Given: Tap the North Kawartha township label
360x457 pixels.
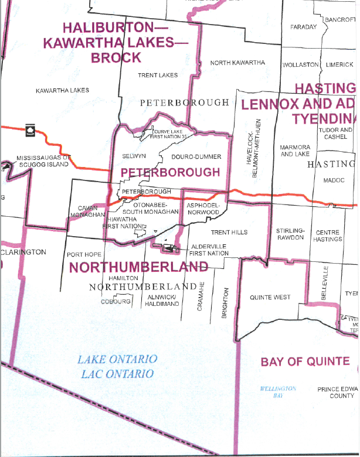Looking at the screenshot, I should [x=237, y=63].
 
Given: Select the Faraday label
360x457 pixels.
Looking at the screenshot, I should [x=303, y=28].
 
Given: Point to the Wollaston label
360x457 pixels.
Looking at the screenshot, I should [x=300, y=64].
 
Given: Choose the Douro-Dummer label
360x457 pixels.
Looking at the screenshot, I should [x=196, y=157].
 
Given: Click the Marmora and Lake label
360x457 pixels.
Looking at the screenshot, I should [x=295, y=151].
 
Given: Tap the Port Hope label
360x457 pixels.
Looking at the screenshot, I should [x=84, y=254].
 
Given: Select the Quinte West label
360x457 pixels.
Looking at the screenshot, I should [x=270, y=297].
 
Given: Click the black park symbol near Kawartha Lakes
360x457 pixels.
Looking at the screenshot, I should [x=29, y=131].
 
